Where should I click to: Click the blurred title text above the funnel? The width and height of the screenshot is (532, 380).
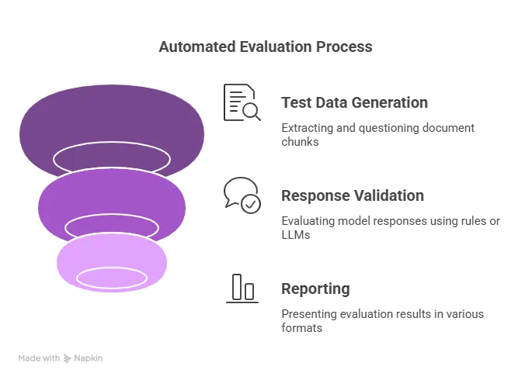pyautogui.click(x=264, y=49)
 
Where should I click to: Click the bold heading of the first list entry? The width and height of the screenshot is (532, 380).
pyautogui.click(x=353, y=104)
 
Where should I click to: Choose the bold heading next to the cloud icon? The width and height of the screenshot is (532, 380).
pyautogui.click(x=353, y=197)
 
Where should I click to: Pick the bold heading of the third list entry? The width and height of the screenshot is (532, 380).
pyautogui.click(x=317, y=291)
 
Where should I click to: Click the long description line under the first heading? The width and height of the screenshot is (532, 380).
pyautogui.click(x=378, y=128)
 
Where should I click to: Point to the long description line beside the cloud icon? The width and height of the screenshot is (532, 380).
pyautogui.click(x=391, y=222)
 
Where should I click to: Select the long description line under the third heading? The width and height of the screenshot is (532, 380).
pyautogui.click(x=381, y=315)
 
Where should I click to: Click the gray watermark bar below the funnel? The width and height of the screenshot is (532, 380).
pyautogui.click(x=62, y=360)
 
